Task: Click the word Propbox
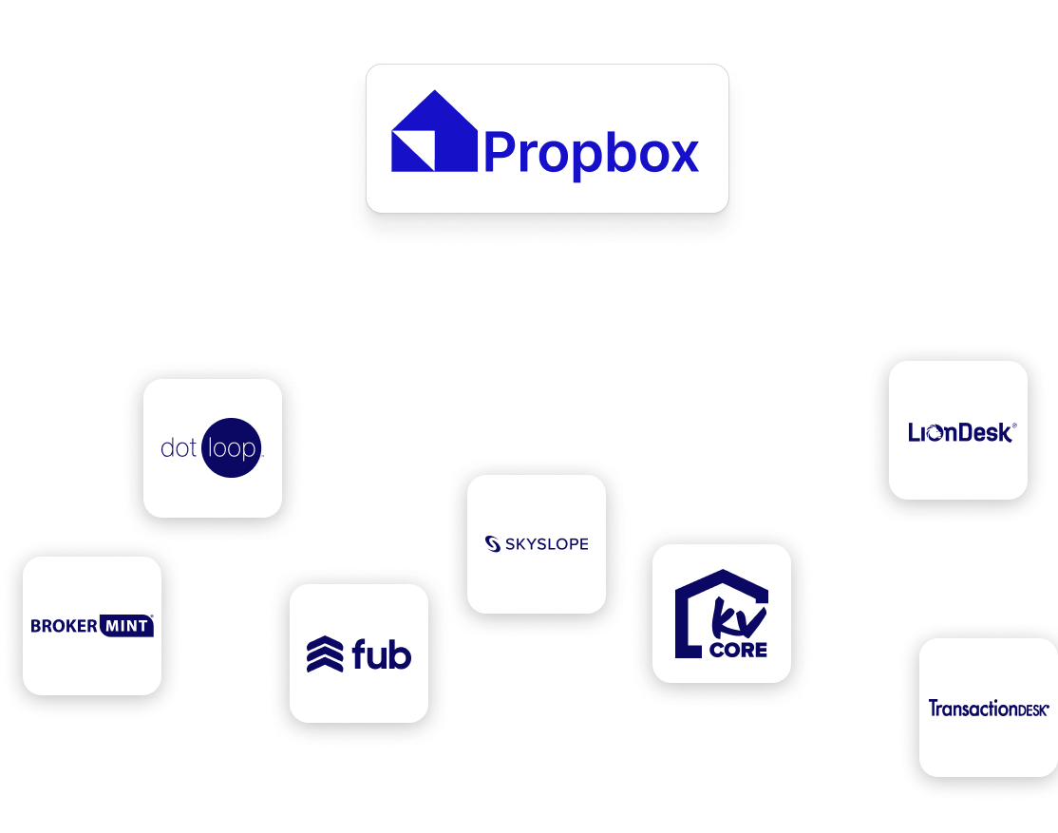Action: pyautogui.click(x=592, y=152)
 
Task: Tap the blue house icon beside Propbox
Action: pyautogui.click(x=434, y=132)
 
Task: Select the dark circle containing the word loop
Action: pyautogui.click(x=232, y=448)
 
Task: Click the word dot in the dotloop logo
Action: pyautogui.click(x=179, y=448)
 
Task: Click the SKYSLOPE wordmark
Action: pyautogui.click(x=546, y=544)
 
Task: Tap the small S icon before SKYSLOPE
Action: pyautogui.click(x=492, y=544)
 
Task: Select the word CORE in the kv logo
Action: pyautogui.click(x=739, y=651)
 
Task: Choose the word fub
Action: pyautogui.click(x=381, y=654)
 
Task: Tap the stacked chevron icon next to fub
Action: pyautogui.click(x=325, y=654)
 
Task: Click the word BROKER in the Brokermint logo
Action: pyautogui.click(x=64, y=626)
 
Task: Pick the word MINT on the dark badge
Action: pyautogui.click(x=126, y=626)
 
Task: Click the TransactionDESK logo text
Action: pyautogui.click(x=988, y=709)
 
